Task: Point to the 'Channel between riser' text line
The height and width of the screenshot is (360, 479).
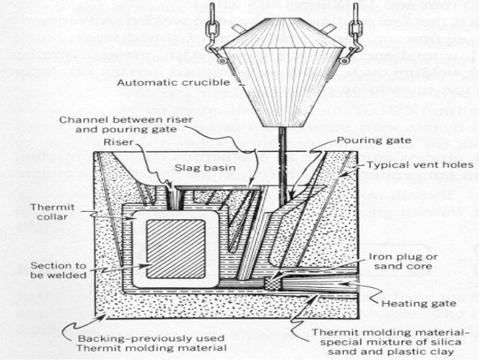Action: tap(122, 122)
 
